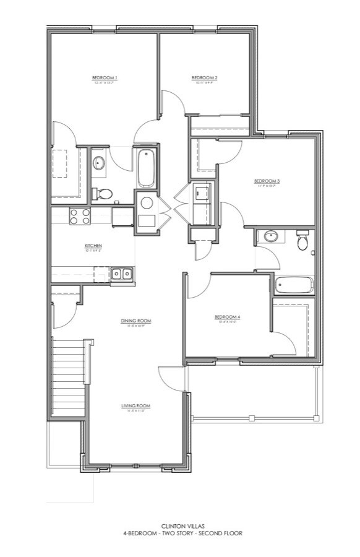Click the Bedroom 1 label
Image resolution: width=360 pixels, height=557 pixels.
[x=105, y=78]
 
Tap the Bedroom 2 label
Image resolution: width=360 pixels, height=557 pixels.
[x=207, y=78]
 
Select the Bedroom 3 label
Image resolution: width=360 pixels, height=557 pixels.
[x=267, y=181]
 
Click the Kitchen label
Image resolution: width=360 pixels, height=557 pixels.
[x=93, y=246]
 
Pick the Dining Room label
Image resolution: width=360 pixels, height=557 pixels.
[x=136, y=321]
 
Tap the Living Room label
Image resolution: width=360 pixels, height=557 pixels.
[x=135, y=406]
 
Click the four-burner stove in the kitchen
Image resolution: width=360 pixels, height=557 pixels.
[x=79, y=216]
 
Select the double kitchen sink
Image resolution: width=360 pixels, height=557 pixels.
[x=121, y=273]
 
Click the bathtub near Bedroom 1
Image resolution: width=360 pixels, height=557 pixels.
[x=146, y=167]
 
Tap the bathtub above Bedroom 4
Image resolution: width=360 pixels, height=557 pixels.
[x=294, y=285]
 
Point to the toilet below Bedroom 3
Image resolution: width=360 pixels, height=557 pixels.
[x=302, y=240]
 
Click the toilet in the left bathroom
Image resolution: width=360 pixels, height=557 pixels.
[x=102, y=194]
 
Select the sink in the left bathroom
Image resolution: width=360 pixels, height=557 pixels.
[x=99, y=163]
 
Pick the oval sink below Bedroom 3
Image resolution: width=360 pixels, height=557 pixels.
[x=270, y=236]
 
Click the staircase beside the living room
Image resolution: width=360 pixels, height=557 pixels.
[x=67, y=375]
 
